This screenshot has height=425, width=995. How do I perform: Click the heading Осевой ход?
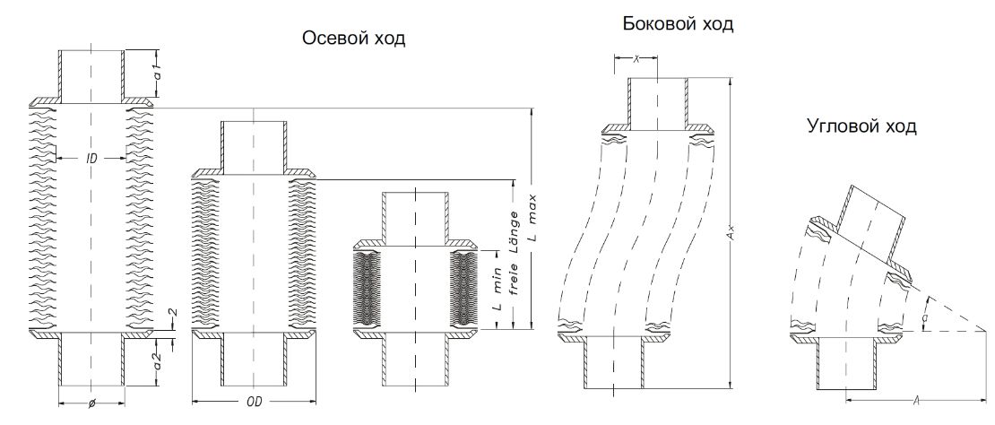(x=353, y=39)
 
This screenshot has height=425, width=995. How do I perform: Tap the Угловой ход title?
(x=861, y=126)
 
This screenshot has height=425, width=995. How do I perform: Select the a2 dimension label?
(x=159, y=362)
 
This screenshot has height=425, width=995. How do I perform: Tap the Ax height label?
(x=731, y=235)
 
